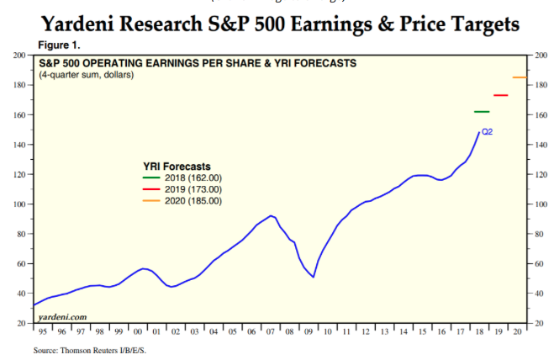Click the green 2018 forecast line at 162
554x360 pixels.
pyautogui.click(x=482, y=112)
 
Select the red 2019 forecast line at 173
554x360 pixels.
pyautogui.click(x=500, y=95)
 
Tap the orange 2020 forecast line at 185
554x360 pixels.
pyautogui.click(x=519, y=77)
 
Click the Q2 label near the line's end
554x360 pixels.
pyautogui.click(x=487, y=132)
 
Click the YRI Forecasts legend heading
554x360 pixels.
pyautogui.click(x=177, y=166)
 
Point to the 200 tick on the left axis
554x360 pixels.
pyautogui.click(x=18, y=56)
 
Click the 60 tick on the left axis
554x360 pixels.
pyautogui.click(x=19, y=264)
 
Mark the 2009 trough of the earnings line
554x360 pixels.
pyautogui.click(x=314, y=277)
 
